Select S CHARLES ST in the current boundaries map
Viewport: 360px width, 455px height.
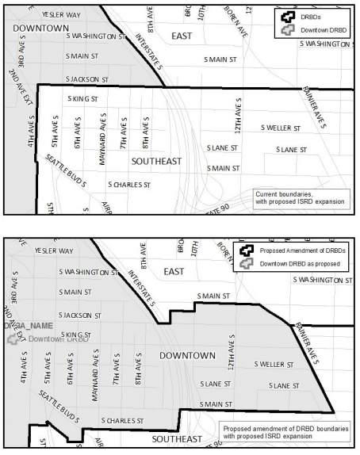(x=128, y=184)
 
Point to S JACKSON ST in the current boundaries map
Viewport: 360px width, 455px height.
(x=86, y=79)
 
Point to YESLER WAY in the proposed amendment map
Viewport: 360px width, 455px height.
(x=54, y=250)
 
